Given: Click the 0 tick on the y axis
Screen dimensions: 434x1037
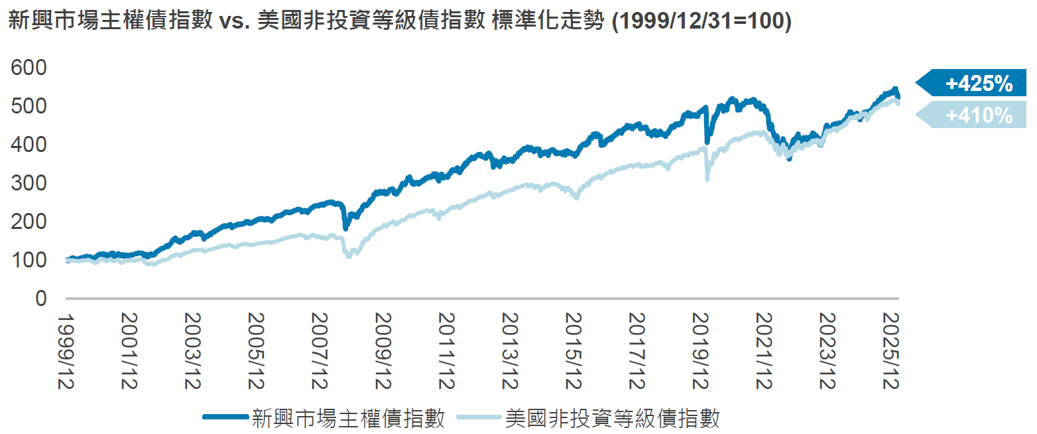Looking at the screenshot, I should (41, 299).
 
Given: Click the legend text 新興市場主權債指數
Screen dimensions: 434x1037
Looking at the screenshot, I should (348, 418).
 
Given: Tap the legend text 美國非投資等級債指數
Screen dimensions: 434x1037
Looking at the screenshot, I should (612, 418).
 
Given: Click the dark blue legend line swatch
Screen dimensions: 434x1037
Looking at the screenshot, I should (226, 417).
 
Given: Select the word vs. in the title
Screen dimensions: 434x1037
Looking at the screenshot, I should (234, 22).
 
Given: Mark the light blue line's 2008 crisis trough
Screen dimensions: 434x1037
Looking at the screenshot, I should (349, 255).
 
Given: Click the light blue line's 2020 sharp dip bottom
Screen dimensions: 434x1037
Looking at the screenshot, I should (707, 179).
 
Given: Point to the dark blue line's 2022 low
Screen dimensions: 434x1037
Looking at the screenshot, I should (788, 159).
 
